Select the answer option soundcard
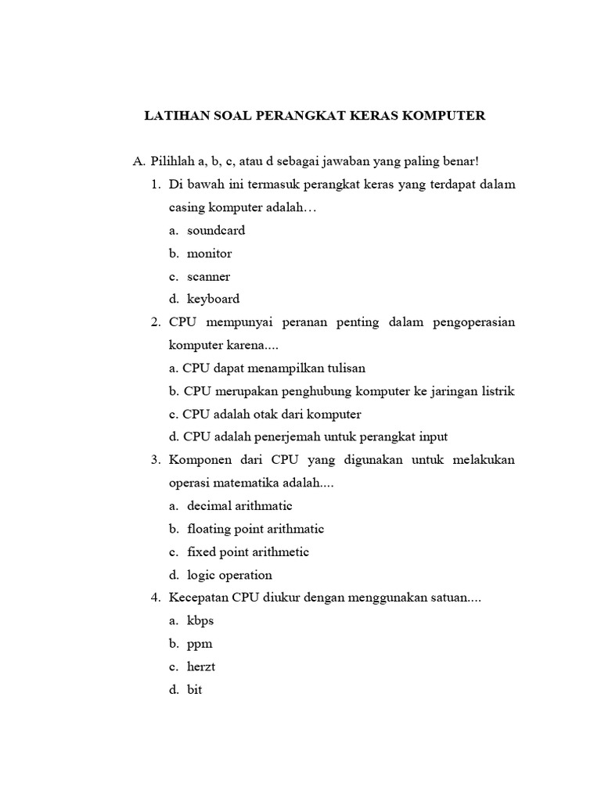click(x=216, y=231)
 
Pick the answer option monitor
click(x=209, y=253)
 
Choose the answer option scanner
click(x=208, y=276)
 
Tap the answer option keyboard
click(x=213, y=299)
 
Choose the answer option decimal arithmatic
click(x=239, y=506)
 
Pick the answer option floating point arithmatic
click(x=255, y=529)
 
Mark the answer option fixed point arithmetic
click(x=248, y=551)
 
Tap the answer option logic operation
click(x=229, y=575)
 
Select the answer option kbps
click(x=200, y=621)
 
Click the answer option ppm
click(x=200, y=645)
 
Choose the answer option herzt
click(x=202, y=667)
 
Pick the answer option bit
click(x=194, y=690)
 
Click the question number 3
click(x=154, y=460)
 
